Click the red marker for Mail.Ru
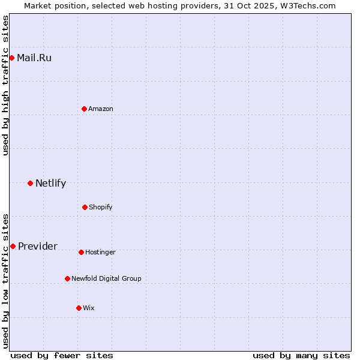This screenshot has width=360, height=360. click(12, 58)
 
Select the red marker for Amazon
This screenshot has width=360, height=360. click(84, 109)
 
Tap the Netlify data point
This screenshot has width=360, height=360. click(30, 183)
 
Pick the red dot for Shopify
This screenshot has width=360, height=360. click(85, 207)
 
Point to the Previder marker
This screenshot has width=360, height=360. click(13, 246)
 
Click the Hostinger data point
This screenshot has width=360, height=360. click(81, 252)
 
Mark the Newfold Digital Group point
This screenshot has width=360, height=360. click(67, 278)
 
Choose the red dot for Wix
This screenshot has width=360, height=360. click(79, 308)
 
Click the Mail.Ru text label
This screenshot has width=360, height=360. click(34, 58)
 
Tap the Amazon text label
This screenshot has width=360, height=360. click(101, 109)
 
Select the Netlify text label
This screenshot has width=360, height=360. click(50, 184)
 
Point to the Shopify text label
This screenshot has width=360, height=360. click(101, 207)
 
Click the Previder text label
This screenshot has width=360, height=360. click(38, 247)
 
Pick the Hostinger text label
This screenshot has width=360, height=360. click(100, 252)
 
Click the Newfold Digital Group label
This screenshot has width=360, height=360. click(106, 278)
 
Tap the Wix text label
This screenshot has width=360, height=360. click(89, 308)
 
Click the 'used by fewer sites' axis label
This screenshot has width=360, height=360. click(62, 355)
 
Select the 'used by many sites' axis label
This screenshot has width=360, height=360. click(301, 355)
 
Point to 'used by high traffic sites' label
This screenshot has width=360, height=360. click(6, 86)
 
